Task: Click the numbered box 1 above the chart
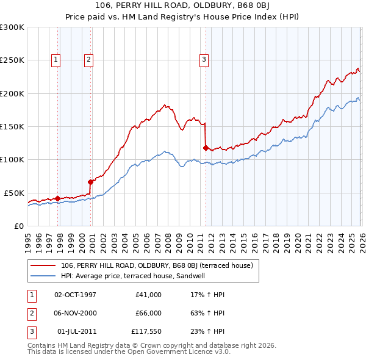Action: pos(56,59)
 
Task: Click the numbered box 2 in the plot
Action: pos(88,59)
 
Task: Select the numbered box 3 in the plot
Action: pos(203,59)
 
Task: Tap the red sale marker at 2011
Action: pos(205,147)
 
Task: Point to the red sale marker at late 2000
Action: pos(90,181)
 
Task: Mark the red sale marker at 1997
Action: pos(57,198)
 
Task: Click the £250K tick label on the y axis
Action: pos(12,60)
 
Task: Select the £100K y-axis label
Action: pos(12,159)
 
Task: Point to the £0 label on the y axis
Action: pos(18,226)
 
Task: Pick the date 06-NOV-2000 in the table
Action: pos(75,313)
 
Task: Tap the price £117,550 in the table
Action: pos(146,332)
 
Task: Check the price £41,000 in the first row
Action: pos(148,294)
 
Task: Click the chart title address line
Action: pos(183,7)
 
